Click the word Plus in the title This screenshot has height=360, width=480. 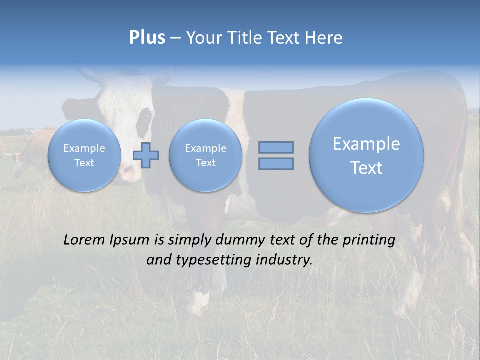click(x=147, y=38)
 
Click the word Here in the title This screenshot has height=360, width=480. click(x=325, y=38)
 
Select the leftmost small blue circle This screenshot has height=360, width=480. click(x=84, y=155)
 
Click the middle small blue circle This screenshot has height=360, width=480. click(x=205, y=155)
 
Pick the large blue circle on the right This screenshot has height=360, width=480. click(x=366, y=155)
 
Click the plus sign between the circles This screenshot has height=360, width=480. click(x=146, y=155)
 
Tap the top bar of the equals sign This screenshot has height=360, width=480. click(x=276, y=147)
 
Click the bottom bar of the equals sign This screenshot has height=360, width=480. click(x=276, y=163)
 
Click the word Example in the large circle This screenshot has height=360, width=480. click(x=366, y=144)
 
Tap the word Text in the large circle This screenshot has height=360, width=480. click(x=366, y=168)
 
